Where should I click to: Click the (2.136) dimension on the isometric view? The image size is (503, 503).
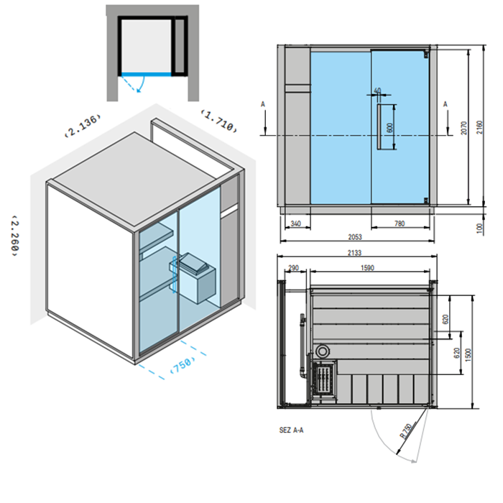(x=83, y=126)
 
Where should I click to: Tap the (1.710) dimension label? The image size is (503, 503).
(x=219, y=121)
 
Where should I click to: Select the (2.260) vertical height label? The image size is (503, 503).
(x=15, y=236)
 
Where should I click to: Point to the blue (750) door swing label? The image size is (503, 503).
(x=183, y=364)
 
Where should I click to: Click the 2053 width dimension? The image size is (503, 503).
(x=355, y=237)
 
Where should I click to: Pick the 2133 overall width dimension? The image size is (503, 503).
(x=354, y=253)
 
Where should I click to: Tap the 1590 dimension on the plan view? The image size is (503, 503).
(x=367, y=268)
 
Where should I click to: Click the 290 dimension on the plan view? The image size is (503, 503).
(x=293, y=268)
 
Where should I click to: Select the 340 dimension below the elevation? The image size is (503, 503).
(x=295, y=223)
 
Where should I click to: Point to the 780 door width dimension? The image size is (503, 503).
(x=400, y=223)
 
